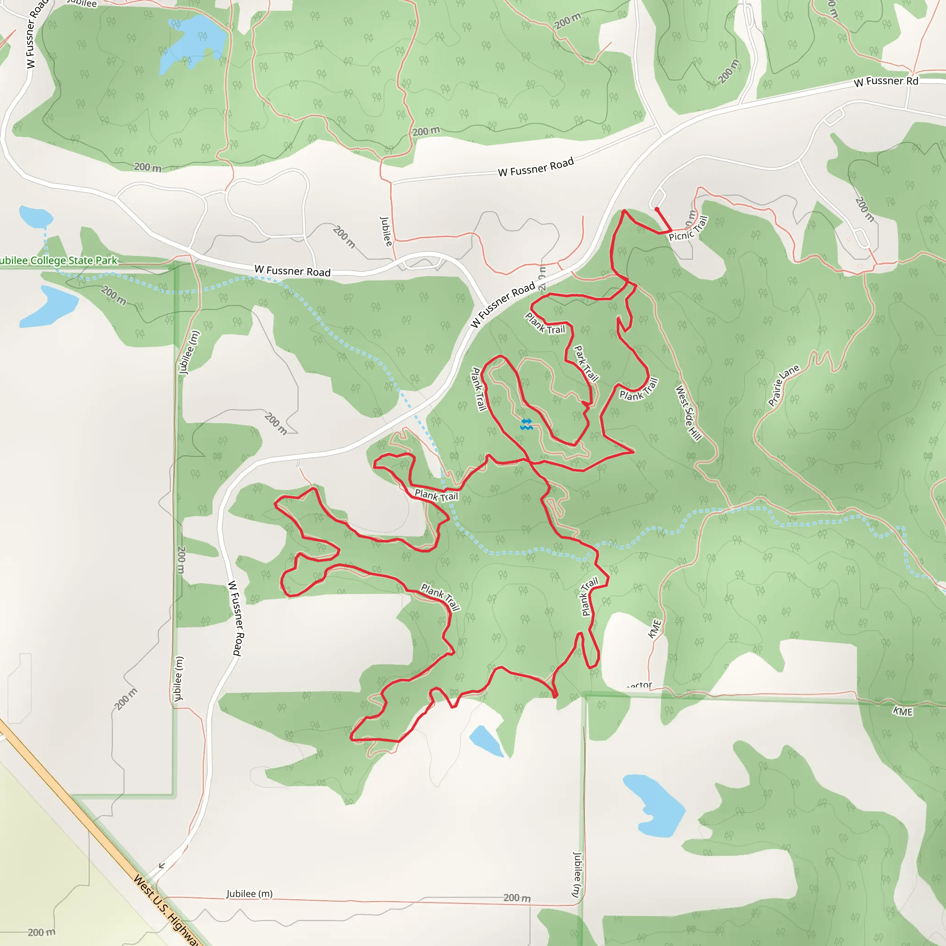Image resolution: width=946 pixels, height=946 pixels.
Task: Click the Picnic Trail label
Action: point(688,229)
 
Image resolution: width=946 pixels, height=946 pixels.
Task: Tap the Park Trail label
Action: point(586,364)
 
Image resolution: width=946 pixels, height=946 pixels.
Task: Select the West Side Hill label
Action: point(688,413)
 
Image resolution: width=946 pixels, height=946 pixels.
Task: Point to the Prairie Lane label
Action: point(783,385)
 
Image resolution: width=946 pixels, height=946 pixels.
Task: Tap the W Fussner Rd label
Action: point(886,81)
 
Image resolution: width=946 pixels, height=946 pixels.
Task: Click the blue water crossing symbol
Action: point(527,424)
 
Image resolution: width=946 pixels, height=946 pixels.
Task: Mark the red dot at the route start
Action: point(657,210)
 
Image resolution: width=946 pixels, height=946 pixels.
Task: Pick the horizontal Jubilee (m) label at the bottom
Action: point(249,894)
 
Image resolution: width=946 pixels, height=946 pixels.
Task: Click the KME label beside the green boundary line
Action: point(903,711)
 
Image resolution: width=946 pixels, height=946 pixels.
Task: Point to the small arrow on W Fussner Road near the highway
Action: point(162,866)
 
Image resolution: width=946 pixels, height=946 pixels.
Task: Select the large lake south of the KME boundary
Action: point(654,806)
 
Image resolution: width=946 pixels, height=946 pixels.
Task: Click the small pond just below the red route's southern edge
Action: point(486,741)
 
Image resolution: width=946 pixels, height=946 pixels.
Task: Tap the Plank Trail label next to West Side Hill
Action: point(639,390)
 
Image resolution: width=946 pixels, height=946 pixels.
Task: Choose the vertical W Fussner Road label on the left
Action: point(235,618)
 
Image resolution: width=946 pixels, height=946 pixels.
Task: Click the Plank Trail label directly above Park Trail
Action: point(545,324)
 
